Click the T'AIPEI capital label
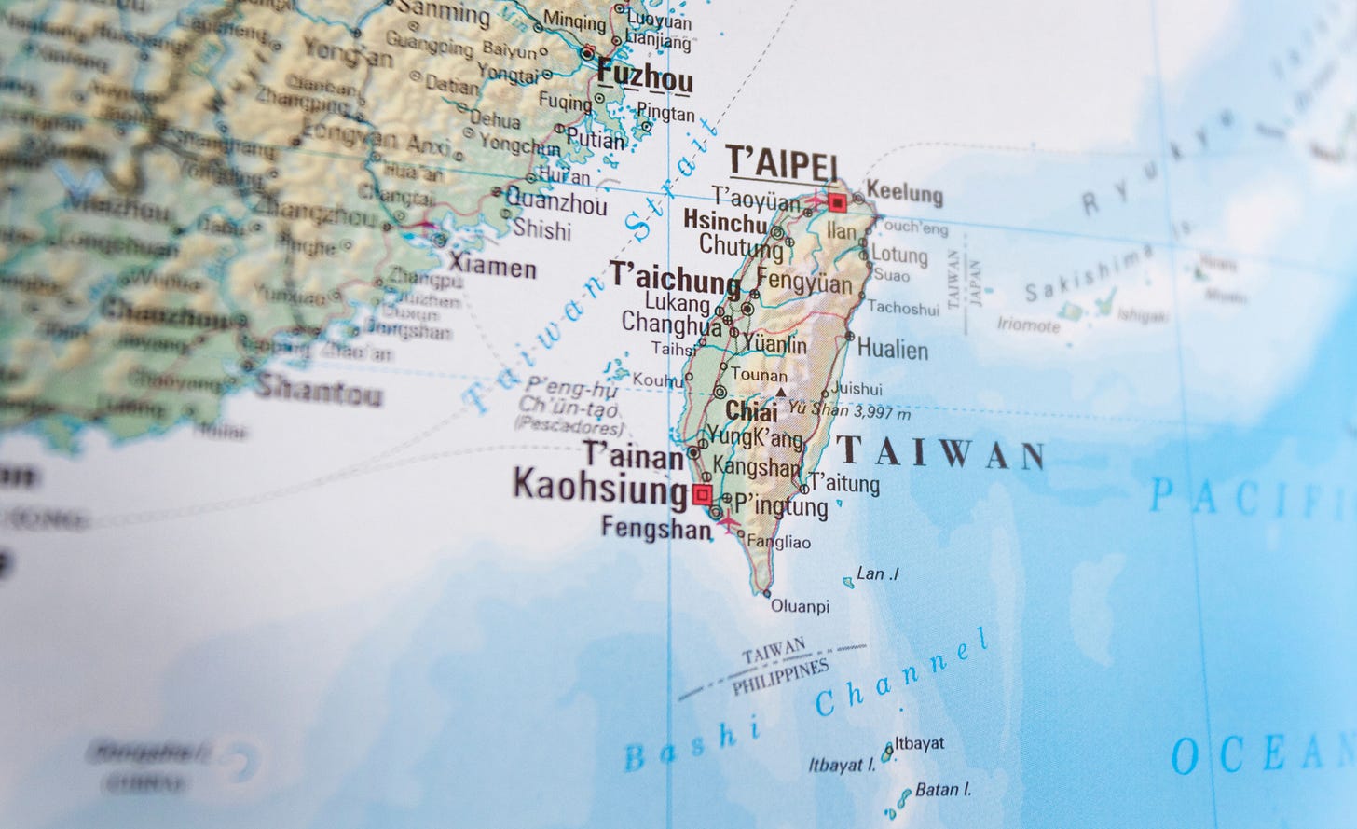782,161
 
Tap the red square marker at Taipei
837,201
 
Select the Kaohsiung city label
600,485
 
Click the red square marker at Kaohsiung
702,493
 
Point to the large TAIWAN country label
941,453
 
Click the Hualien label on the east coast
892,351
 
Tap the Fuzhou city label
645,76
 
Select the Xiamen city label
492,269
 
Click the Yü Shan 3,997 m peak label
849,409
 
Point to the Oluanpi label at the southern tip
800,607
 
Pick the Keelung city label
904,194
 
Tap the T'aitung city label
844,483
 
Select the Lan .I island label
877,574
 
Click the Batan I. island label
943,790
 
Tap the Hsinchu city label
724,221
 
